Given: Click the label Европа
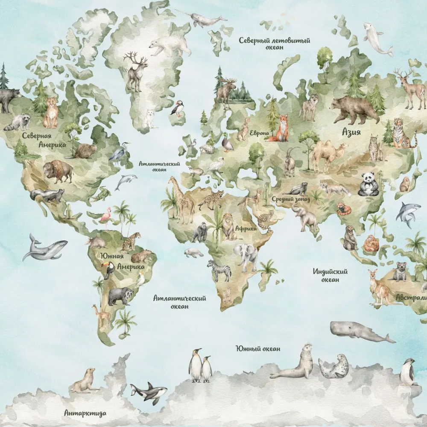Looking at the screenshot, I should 260,133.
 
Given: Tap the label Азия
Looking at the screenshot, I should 351,132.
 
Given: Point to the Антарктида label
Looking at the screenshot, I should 85,413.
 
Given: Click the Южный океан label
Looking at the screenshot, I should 257,348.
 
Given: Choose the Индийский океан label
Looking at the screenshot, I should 330,275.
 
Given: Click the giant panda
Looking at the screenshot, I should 367,184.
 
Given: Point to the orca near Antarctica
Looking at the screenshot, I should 149,392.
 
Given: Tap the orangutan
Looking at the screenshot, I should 371,243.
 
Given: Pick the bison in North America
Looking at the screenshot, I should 58,171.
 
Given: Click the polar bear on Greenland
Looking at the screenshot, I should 170,44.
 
